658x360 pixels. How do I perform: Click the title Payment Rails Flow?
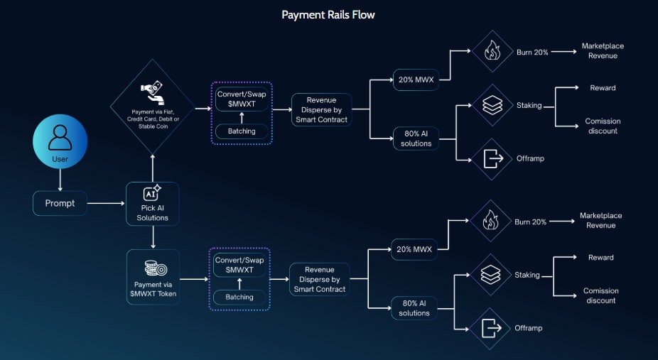[x=328, y=15]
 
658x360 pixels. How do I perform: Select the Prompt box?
[x=60, y=204]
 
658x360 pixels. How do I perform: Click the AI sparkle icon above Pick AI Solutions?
[x=152, y=193]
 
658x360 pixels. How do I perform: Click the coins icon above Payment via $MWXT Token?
[x=152, y=268]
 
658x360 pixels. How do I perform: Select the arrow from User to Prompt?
[x=60, y=181]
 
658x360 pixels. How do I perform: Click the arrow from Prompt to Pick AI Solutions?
[x=104, y=204]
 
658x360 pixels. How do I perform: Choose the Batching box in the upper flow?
[x=241, y=131]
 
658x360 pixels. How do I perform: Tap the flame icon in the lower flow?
[x=490, y=221]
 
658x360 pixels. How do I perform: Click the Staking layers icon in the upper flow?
[x=492, y=105]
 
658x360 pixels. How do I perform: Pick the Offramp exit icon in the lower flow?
[x=490, y=328]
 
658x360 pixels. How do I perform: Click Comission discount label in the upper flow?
[x=601, y=126]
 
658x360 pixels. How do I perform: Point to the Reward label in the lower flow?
[x=600, y=258]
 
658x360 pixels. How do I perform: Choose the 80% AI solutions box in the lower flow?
[x=414, y=308]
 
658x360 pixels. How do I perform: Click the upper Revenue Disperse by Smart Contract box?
[x=322, y=110]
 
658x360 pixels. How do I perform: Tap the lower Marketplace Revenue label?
[x=600, y=220]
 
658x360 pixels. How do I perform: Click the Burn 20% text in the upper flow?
[x=532, y=53]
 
